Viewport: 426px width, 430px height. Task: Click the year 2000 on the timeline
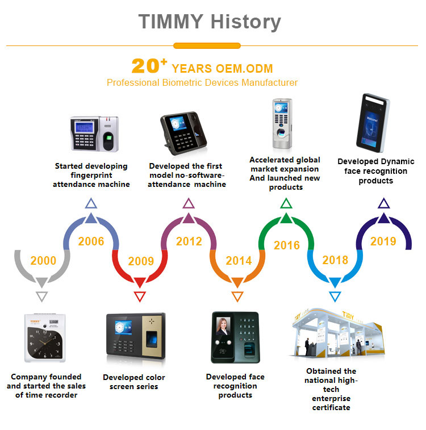pos(43,261)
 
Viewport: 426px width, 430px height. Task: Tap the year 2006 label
pos(91,241)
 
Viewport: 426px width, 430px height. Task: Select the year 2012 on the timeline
pos(189,241)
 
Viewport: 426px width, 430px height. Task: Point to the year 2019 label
pos(383,241)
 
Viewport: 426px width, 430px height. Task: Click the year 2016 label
pos(287,245)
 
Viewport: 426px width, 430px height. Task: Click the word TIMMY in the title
pos(170,22)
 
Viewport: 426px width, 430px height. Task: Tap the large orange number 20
pos(145,66)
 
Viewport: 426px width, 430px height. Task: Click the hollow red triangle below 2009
pos(140,297)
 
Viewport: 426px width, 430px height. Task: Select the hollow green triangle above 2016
pos(286,203)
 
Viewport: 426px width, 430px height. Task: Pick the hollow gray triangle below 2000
pos(42,297)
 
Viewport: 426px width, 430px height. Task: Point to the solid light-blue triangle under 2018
pos(335,282)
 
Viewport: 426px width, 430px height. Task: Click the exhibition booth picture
pos(338,333)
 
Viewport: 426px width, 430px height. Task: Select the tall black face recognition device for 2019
pos(373,123)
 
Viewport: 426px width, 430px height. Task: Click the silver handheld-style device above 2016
pos(282,124)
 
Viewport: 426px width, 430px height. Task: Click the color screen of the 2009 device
pos(123,327)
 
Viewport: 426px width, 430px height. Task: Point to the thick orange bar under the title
pos(207,46)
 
